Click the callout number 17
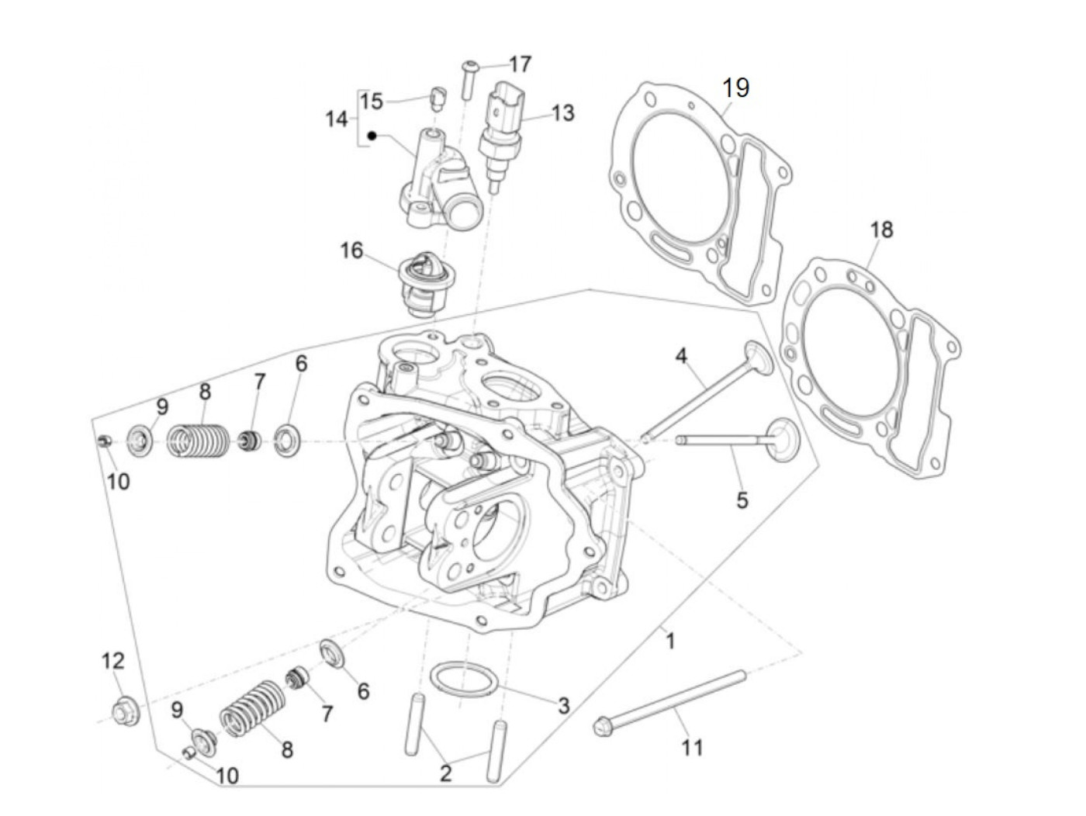[521, 64]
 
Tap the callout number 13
[562, 113]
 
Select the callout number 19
[735, 88]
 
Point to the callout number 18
[881, 230]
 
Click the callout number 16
[351, 251]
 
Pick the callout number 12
[113, 661]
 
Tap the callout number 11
[692, 747]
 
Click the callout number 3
[563, 705]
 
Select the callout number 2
[445, 773]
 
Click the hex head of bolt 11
[604, 728]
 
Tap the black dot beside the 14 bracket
[372, 137]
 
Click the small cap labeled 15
[438, 99]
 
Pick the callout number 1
[670, 641]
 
